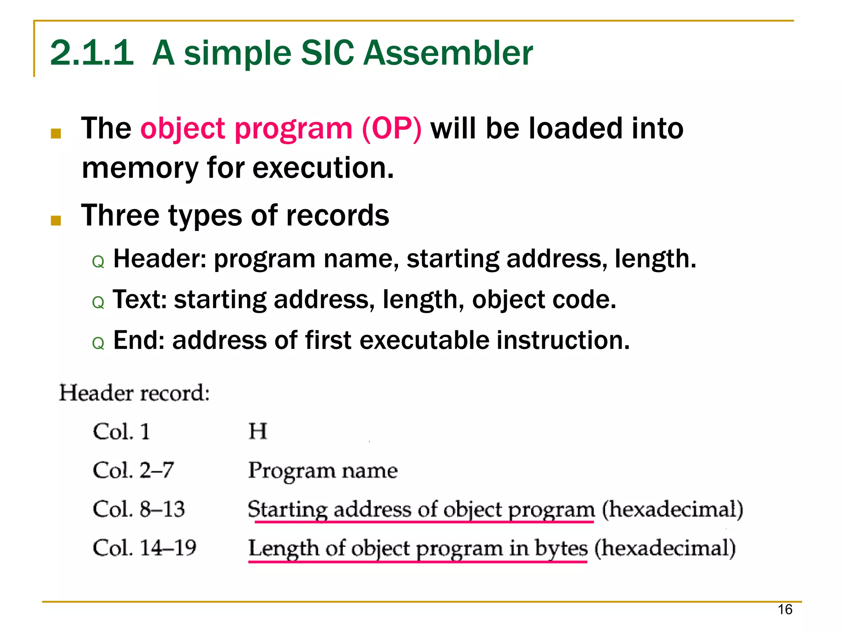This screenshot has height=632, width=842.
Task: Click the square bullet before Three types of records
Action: (x=56, y=221)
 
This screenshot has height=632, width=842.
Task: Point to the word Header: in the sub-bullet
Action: (x=160, y=259)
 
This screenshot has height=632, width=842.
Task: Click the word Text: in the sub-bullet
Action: (x=139, y=300)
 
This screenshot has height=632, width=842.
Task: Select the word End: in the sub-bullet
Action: (x=139, y=340)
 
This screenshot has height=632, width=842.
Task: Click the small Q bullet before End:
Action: (x=98, y=343)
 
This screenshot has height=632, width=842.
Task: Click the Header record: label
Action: (x=134, y=393)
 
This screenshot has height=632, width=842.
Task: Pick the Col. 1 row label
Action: (x=121, y=432)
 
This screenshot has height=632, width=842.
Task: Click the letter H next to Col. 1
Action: (x=258, y=432)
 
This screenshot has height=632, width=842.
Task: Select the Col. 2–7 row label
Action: (x=133, y=471)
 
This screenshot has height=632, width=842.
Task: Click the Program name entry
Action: (x=323, y=471)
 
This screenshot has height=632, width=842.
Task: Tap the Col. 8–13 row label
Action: (x=139, y=510)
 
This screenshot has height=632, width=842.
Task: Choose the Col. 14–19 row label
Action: (x=144, y=548)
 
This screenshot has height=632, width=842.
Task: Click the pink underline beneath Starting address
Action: (x=423, y=522)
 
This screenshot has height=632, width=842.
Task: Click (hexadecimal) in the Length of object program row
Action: (x=665, y=548)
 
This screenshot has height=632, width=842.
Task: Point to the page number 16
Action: (x=784, y=609)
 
